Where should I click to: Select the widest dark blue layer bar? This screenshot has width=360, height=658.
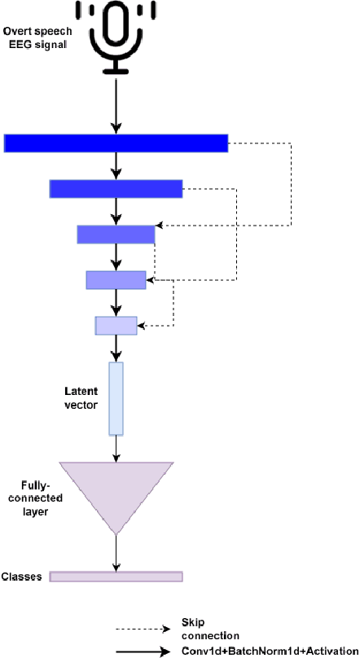[116, 143]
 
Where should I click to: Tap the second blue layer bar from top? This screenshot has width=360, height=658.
[116, 189]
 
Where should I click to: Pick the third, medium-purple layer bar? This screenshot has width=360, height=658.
[116, 235]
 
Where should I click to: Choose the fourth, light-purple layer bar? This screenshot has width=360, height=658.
[116, 279]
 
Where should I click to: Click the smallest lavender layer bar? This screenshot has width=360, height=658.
[116, 326]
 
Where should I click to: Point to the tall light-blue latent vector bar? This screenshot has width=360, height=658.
[116, 399]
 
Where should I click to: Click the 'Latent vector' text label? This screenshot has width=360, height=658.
[80, 398]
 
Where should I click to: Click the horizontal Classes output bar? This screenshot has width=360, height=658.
[116, 577]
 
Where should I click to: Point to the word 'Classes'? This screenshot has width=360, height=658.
[21, 576]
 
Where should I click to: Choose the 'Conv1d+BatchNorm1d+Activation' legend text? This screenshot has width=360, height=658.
[269, 651]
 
